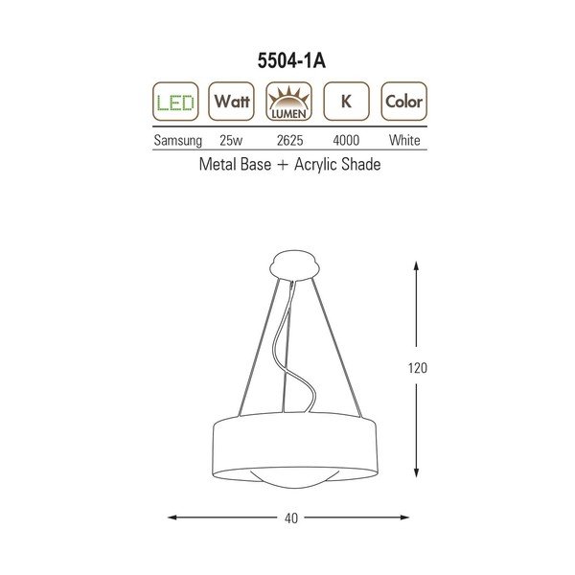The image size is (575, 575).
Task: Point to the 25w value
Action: pyautogui.click(x=230, y=140)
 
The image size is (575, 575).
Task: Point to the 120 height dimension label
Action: pyautogui.click(x=416, y=368)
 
